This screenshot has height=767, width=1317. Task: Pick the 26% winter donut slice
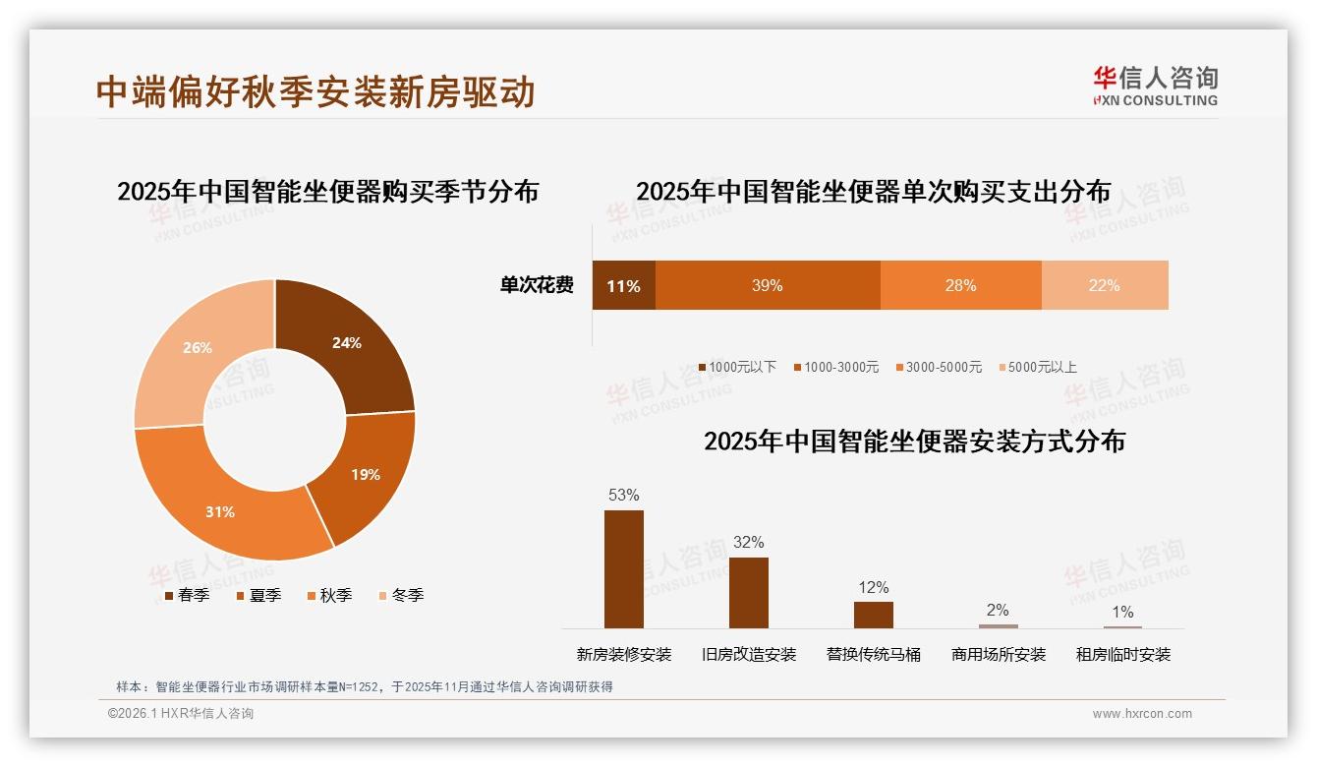point(197,349)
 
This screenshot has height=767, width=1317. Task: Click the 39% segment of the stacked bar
point(767,285)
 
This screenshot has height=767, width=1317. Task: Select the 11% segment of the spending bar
point(623,285)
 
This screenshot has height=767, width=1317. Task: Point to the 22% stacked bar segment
point(1104,285)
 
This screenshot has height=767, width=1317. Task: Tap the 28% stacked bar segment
point(960,285)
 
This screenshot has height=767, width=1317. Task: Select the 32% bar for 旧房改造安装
point(748,592)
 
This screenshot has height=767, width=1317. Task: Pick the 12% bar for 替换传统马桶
point(873,615)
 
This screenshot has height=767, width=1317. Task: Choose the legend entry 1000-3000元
point(836,367)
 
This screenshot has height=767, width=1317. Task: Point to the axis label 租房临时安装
point(1122,654)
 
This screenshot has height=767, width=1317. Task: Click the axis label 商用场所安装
point(998,654)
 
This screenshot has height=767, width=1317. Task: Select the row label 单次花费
point(537,285)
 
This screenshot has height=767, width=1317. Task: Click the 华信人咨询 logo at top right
point(1155,86)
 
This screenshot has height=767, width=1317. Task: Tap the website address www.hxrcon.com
point(1142,714)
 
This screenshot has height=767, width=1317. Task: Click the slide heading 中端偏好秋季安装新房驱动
point(315,91)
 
